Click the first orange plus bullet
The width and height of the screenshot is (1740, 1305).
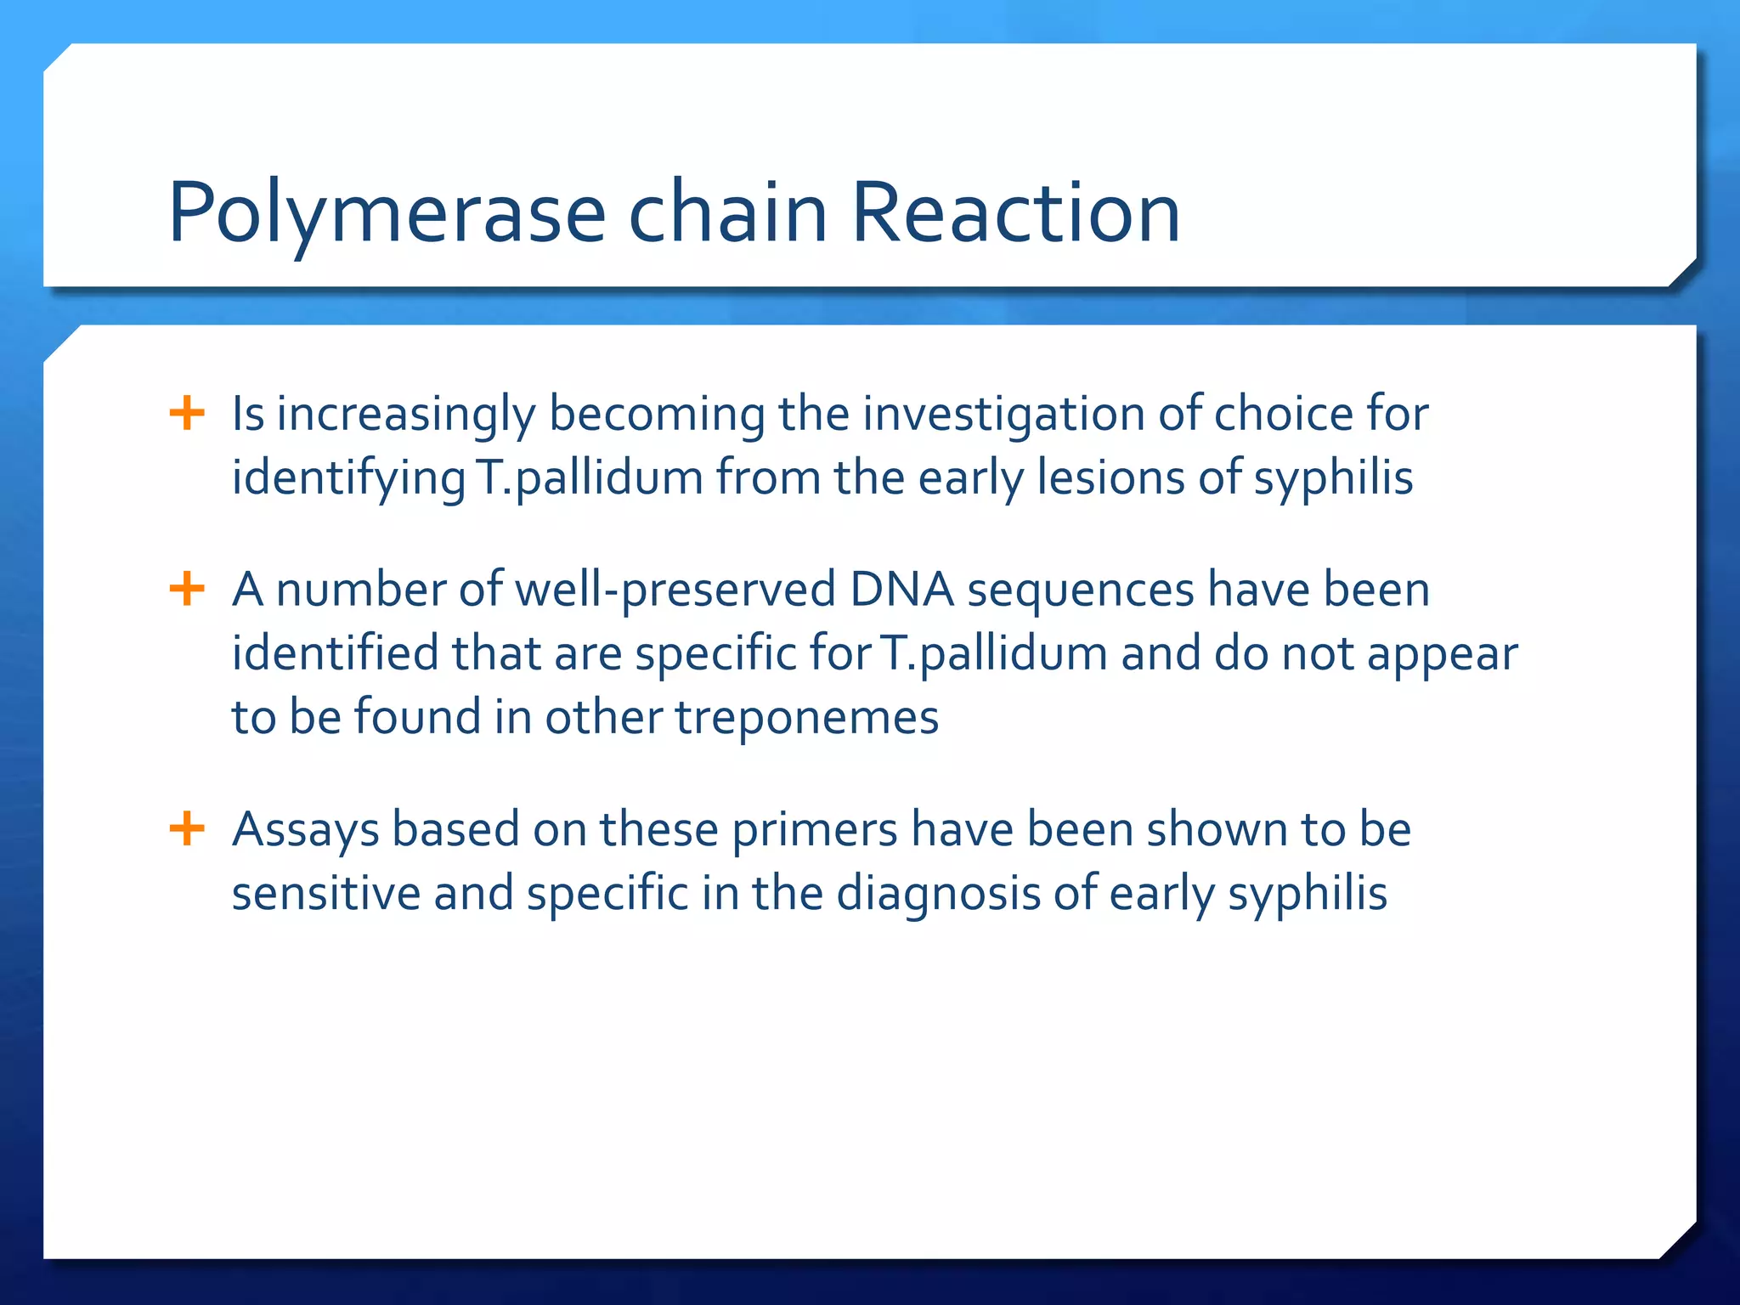pyautogui.click(x=187, y=414)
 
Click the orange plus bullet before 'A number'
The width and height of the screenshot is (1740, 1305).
pyautogui.click(x=187, y=589)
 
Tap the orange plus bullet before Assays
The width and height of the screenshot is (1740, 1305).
pyautogui.click(x=187, y=828)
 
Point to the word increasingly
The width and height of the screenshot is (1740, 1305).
pyautogui.click(x=406, y=415)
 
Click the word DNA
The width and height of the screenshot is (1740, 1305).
pyautogui.click(x=901, y=590)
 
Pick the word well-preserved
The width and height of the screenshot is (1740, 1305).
pyautogui.click(x=675, y=591)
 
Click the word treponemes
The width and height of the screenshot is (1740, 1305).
pyautogui.click(x=807, y=718)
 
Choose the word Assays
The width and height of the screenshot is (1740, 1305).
pyautogui.click(x=305, y=831)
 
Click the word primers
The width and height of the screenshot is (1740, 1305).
pyautogui.click(x=815, y=831)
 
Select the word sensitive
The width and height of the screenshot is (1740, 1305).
pyautogui.click(x=325, y=894)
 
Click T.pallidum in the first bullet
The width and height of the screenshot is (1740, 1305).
pyautogui.click(x=590, y=477)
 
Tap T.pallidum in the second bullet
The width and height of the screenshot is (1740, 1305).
pyautogui.click(x=993, y=654)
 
